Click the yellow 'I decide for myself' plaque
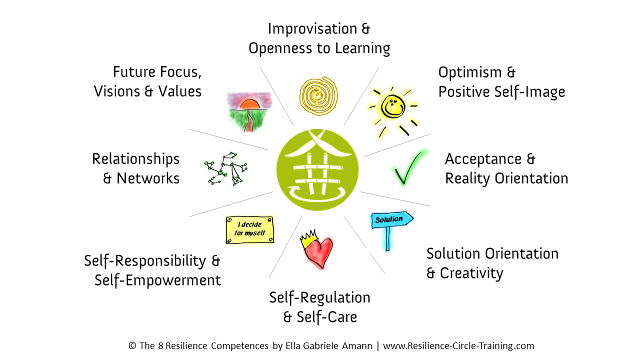pyautogui.click(x=249, y=229)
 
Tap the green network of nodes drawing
pyautogui.click(x=225, y=169)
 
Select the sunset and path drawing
pyautogui.click(x=249, y=112)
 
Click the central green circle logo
pyautogui.click(x=317, y=170)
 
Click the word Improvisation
pyautogui.click(x=312, y=28)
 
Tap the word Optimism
pyautogui.click(x=470, y=72)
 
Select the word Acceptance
pyautogui.click(x=483, y=159)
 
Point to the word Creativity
pyautogui.click(x=471, y=273)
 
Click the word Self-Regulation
pyautogui.click(x=319, y=297)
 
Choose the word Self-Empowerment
pyautogui.click(x=157, y=280)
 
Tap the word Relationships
pyautogui.click(x=135, y=159)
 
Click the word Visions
pyautogui.click(x=116, y=91)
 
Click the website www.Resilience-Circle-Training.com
pyautogui.click(x=458, y=346)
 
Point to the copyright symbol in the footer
pyautogui.click(x=132, y=345)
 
